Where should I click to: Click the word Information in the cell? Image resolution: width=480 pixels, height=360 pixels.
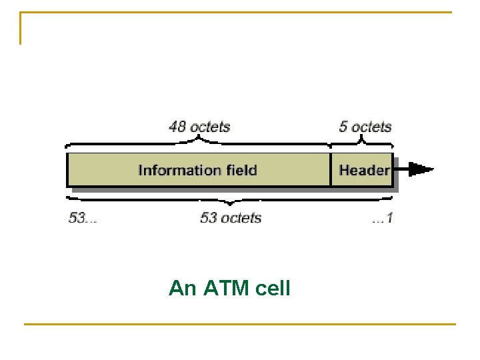(x=171, y=170)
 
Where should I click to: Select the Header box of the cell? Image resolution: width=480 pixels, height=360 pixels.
(x=363, y=170)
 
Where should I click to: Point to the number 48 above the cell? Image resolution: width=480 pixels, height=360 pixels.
(x=178, y=126)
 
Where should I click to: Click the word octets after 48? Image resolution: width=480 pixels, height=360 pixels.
(x=209, y=126)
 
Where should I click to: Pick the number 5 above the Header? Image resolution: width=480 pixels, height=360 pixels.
(x=343, y=126)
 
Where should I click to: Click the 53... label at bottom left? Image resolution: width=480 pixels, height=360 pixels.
(x=82, y=218)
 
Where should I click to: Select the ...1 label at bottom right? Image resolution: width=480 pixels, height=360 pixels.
(x=382, y=218)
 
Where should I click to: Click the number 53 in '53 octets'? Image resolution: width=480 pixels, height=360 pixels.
(x=209, y=218)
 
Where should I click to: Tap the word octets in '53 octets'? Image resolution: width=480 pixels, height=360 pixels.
(x=241, y=218)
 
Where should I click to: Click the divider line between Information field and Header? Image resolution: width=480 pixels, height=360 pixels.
(x=331, y=170)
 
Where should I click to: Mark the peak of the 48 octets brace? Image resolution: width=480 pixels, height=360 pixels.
(x=199, y=139)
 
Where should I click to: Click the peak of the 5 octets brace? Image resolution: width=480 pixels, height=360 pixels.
(x=362, y=139)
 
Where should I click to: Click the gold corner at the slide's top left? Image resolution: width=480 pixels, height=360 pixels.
(x=21, y=13)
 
